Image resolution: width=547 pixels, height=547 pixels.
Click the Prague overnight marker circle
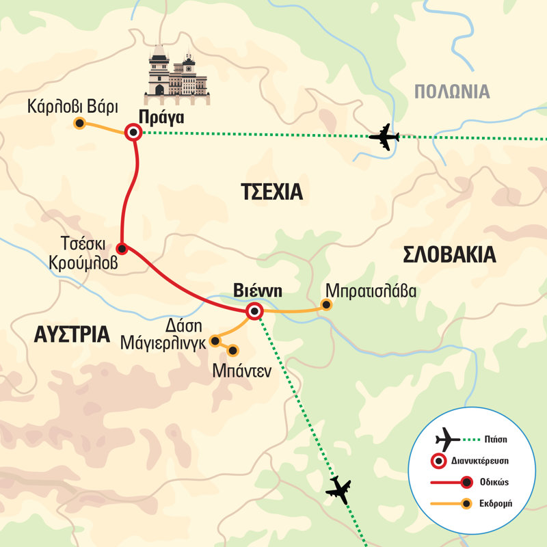pyautogui.click(x=133, y=133)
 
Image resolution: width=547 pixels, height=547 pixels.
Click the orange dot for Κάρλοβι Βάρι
pyautogui.click(x=79, y=124)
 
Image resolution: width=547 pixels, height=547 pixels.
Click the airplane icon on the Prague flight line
pyautogui.click(x=384, y=137)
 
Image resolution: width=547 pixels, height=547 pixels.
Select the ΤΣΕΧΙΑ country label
pyautogui.click(x=271, y=192)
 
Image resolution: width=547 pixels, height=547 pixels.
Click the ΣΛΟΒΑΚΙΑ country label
pyautogui.click(x=449, y=255)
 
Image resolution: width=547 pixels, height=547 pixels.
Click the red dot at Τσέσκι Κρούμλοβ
pyautogui.click(x=121, y=248)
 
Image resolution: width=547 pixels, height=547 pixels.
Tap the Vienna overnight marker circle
pyautogui.click(x=254, y=312)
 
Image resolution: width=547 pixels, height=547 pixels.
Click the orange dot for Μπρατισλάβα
pyautogui.click(x=327, y=305)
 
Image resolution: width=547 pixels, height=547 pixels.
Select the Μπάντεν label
pyautogui.click(x=241, y=371)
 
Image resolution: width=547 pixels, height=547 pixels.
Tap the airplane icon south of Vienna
pyautogui.click(x=340, y=490)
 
